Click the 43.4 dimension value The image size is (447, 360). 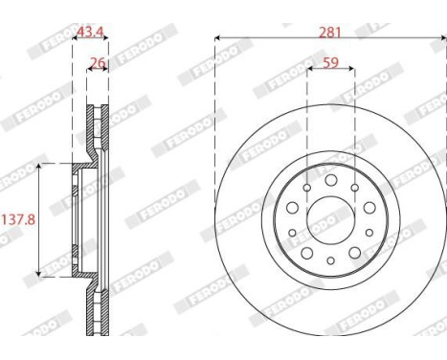click(90, 32)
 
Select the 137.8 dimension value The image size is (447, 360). click(17, 218)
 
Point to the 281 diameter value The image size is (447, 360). click(329, 31)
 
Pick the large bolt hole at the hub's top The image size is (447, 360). click(330, 180)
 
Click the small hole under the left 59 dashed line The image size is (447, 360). click(306, 189)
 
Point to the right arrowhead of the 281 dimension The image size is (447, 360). click(441, 38)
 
